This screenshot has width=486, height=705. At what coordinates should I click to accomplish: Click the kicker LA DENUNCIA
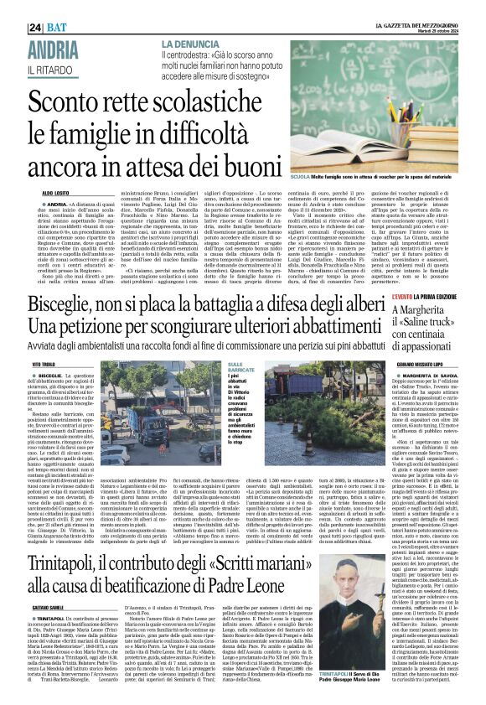point(194,42)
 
